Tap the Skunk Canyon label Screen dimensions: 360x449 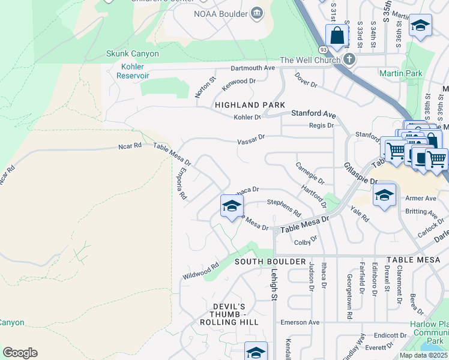[x=132, y=53]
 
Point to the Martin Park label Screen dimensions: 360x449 [x=401, y=73]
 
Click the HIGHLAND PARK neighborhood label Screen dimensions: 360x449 [x=250, y=105]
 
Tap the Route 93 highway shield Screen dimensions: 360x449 [x=323, y=49]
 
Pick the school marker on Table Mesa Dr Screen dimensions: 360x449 [x=232, y=206]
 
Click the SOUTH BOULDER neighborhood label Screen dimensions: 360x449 [x=262, y=262]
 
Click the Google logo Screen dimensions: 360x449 [x=20, y=352]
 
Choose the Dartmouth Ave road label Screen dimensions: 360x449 [x=252, y=68]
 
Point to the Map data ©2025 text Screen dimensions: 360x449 [x=424, y=355]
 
